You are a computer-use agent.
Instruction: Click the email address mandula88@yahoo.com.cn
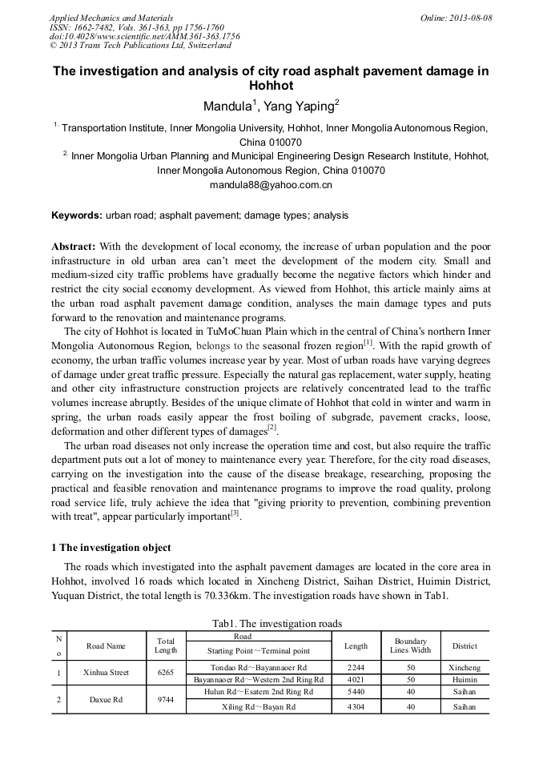(x=271, y=185)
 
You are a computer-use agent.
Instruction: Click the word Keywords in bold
(x=76, y=215)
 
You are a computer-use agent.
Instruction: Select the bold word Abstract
(x=74, y=246)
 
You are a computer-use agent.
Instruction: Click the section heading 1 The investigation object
(x=111, y=548)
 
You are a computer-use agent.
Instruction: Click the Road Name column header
(x=106, y=645)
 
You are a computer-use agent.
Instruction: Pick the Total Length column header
(x=166, y=645)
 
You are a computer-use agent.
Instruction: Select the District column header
(x=464, y=645)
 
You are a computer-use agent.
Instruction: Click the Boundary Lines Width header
(x=410, y=645)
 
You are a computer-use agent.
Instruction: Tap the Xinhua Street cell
(x=106, y=673)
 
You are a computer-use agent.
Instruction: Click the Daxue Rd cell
(x=106, y=699)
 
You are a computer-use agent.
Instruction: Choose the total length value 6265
(x=166, y=673)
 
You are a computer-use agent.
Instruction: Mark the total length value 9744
(x=166, y=699)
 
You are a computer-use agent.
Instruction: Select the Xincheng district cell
(x=464, y=666)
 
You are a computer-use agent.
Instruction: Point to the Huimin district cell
(x=464, y=679)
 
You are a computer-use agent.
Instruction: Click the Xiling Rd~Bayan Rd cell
(x=258, y=706)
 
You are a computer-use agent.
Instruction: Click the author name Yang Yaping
(x=301, y=105)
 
